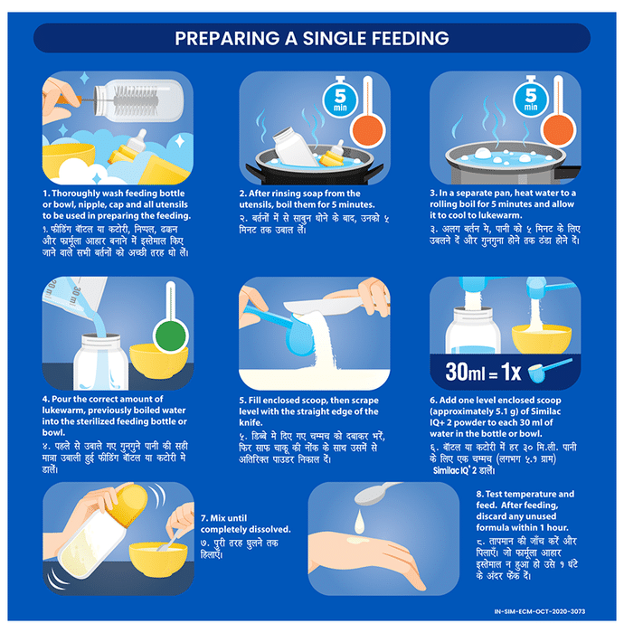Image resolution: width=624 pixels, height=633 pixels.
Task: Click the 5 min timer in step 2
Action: (340, 98)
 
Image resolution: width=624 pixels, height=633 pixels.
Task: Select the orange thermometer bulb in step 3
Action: (557, 129)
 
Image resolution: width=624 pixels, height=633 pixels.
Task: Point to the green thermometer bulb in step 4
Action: (171, 335)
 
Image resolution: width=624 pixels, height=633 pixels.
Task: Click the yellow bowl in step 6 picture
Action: (542, 338)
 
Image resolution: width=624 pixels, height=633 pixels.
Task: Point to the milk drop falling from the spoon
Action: (359, 522)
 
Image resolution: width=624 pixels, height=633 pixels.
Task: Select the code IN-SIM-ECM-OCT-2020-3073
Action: (540, 611)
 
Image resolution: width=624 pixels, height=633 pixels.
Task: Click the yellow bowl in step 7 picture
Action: (158, 558)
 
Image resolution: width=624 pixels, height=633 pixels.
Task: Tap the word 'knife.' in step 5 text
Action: (251, 422)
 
